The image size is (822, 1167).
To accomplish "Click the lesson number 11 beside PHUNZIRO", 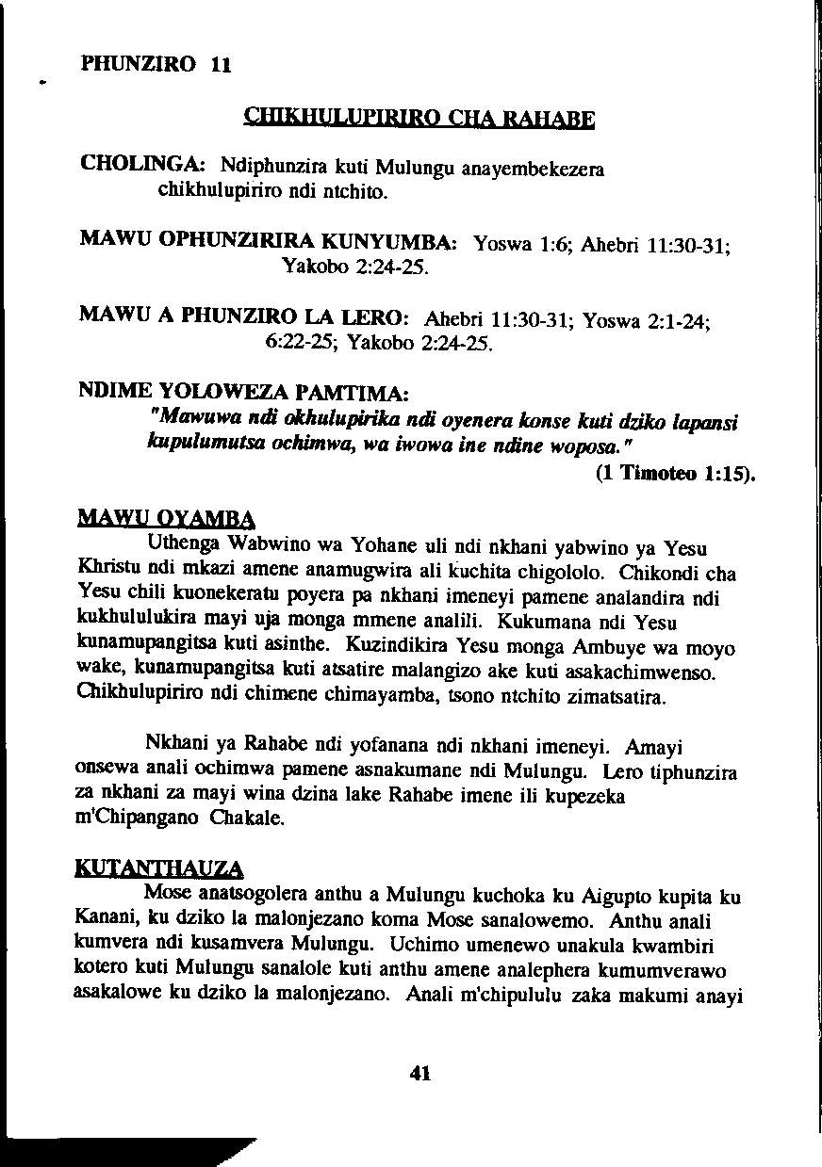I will (x=221, y=65).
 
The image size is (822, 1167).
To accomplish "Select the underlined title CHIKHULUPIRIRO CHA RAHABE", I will (x=419, y=120).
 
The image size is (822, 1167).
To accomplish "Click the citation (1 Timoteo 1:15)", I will (x=676, y=474).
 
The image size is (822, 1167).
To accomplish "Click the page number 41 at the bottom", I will (x=420, y=1072).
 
